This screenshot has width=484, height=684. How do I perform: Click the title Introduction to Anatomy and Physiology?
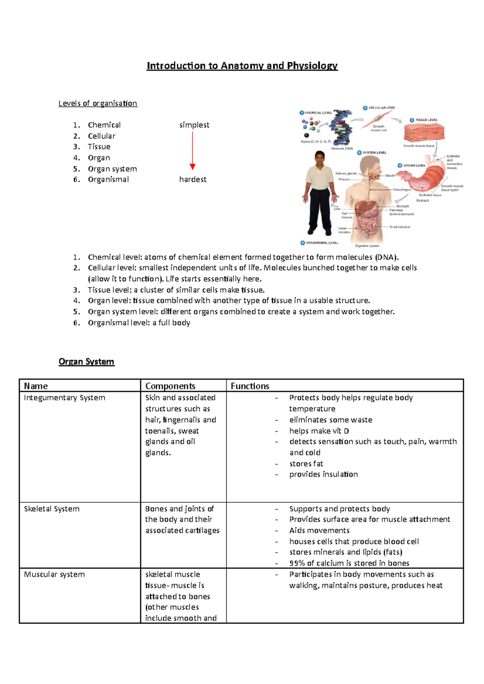click(x=242, y=66)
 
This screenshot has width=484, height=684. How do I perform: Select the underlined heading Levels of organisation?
click(x=98, y=104)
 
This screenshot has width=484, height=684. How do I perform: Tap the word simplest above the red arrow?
click(x=194, y=125)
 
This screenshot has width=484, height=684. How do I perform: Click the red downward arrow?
click(x=192, y=151)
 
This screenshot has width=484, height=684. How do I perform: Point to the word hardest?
click(x=193, y=179)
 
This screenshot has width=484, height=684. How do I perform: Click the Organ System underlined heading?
click(x=86, y=362)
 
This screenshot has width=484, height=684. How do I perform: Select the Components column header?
click(x=170, y=386)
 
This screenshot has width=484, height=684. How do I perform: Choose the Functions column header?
click(x=250, y=386)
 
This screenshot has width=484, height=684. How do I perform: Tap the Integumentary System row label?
click(x=65, y=398)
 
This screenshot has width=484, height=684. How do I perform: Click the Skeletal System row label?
click(x=52, y=509)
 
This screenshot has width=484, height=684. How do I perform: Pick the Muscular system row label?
click(x=54, y=574)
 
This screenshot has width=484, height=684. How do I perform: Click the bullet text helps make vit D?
click(x=319, y=431)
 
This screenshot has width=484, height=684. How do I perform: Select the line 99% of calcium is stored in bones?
click(x=349, y=563)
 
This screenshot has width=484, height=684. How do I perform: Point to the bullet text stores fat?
click(x=306, y=464)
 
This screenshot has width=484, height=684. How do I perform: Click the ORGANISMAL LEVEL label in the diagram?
click(x=321, y=243)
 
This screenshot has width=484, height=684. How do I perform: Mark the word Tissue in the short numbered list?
click(x=99, y=147)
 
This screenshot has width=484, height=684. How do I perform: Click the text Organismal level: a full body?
click(x=139, y=323)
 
